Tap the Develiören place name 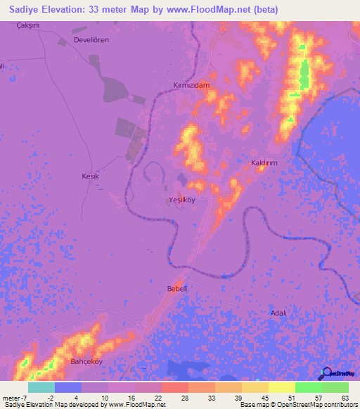pyautogui.click(x=91, y=41)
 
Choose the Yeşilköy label pyautogui.click(x=181, y=200)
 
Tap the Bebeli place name pyautogui.click(x=176, y=290)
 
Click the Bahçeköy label pyautogui.click(x=86, y=363)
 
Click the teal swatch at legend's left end pyautogui.click(x=41, y=387)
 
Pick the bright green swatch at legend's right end pyautogui.click(x=335, y=387)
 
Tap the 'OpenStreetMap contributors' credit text pyautogui.click(x=318, y=405)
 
